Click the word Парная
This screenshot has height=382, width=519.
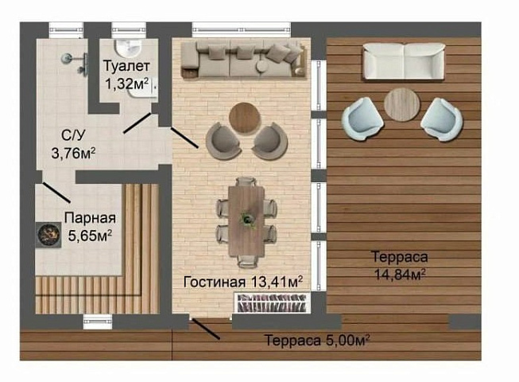coord(91,219)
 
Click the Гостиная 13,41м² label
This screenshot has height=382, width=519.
coord(243,282)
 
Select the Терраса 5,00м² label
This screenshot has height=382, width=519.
coord(318,341)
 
